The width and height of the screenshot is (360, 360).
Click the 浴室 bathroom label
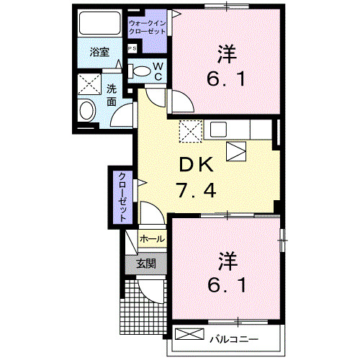tap(99, 52)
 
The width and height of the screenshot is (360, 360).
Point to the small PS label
tap(132, 48)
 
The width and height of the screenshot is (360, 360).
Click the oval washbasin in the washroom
tap(87, 111)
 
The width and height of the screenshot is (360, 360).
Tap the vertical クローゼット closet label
tap(122, 197)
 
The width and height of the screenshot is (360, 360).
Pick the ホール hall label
tap(151, 238)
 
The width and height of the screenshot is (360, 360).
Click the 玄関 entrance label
tap(146, 264)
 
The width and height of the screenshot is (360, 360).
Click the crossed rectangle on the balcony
tap(191, 336)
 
